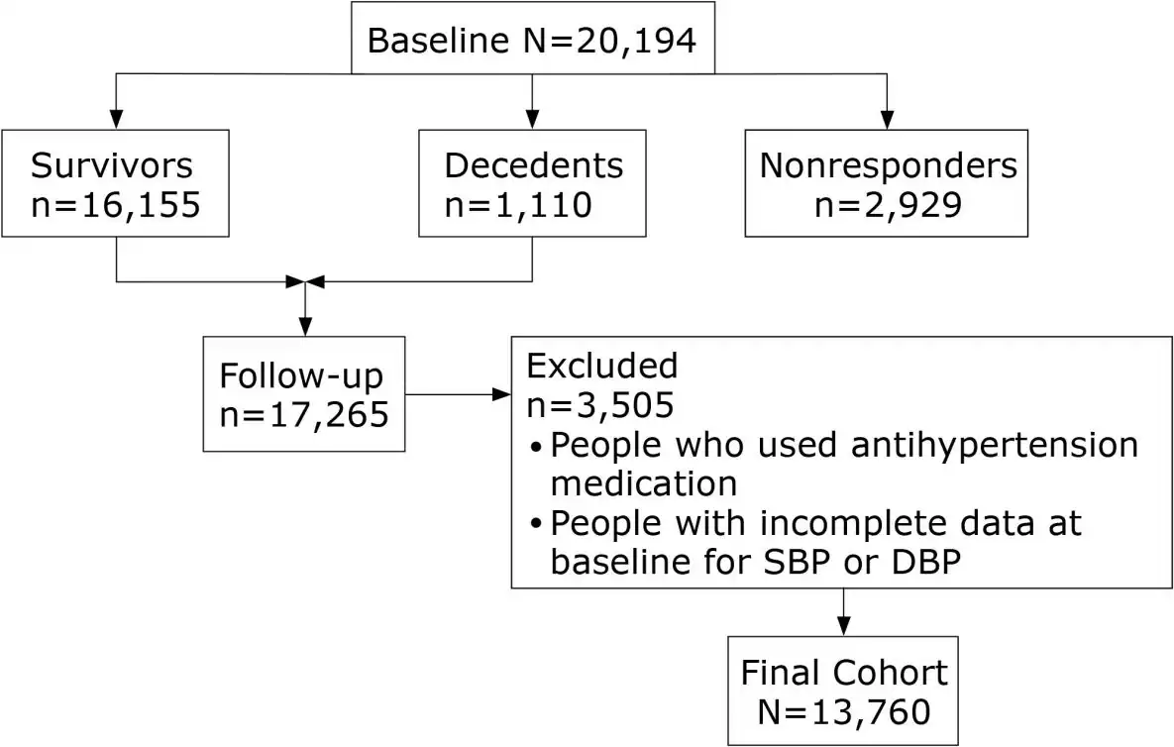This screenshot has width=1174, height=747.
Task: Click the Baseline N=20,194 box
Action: pyautogui.click(x=533, y=40)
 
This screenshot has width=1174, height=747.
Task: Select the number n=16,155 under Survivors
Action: pyautogui.click(x=116, y=205)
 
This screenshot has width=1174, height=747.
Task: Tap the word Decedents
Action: pyautogui.click(x=533, y=165)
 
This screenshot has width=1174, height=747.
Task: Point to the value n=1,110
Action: pyautogui.click(x=518, y=205)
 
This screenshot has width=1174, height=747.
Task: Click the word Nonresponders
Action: pyautogui.click(x=888, y=165)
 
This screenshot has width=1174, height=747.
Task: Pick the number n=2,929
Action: pyautogui.click(x=888, y=205)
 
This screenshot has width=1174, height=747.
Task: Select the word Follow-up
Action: pyautogui.click(x=300, y=376)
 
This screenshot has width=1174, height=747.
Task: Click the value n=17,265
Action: pyautogui.click(x=303, y=415)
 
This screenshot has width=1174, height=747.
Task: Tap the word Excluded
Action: pyautogui.click(x=601, y=366)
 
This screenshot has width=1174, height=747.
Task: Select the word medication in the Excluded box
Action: pyautogui.click(x=643, y=483)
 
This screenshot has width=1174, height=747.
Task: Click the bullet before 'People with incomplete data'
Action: pyautogui.click(x=536, y=524)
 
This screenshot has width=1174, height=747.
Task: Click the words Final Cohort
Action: pyautogui.click(x=843, y=673)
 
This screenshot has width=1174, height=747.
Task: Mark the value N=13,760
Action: pyautogui.click(x=843, y=711)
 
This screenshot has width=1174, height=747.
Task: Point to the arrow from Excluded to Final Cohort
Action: pyautogui.click(x=843, y=612)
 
